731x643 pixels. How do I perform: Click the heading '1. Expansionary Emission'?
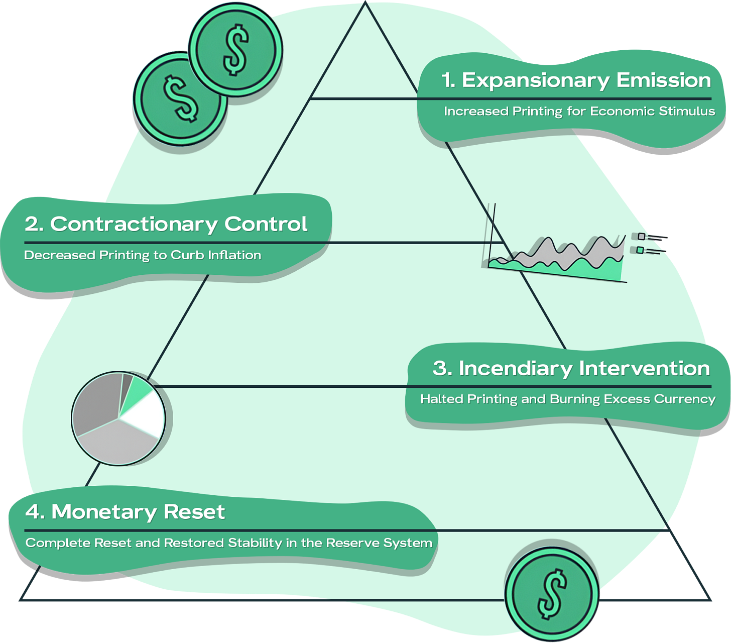click(x=576, y=80)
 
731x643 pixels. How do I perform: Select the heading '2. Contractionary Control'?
click(x=166, y=224)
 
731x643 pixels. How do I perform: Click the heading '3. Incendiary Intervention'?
click(x=571, y=368)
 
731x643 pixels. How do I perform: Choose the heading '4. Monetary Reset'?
click(x=126, y=512)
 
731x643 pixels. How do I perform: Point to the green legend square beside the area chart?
click(x=640, y=250)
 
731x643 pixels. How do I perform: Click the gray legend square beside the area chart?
click(x=641, y=236)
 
